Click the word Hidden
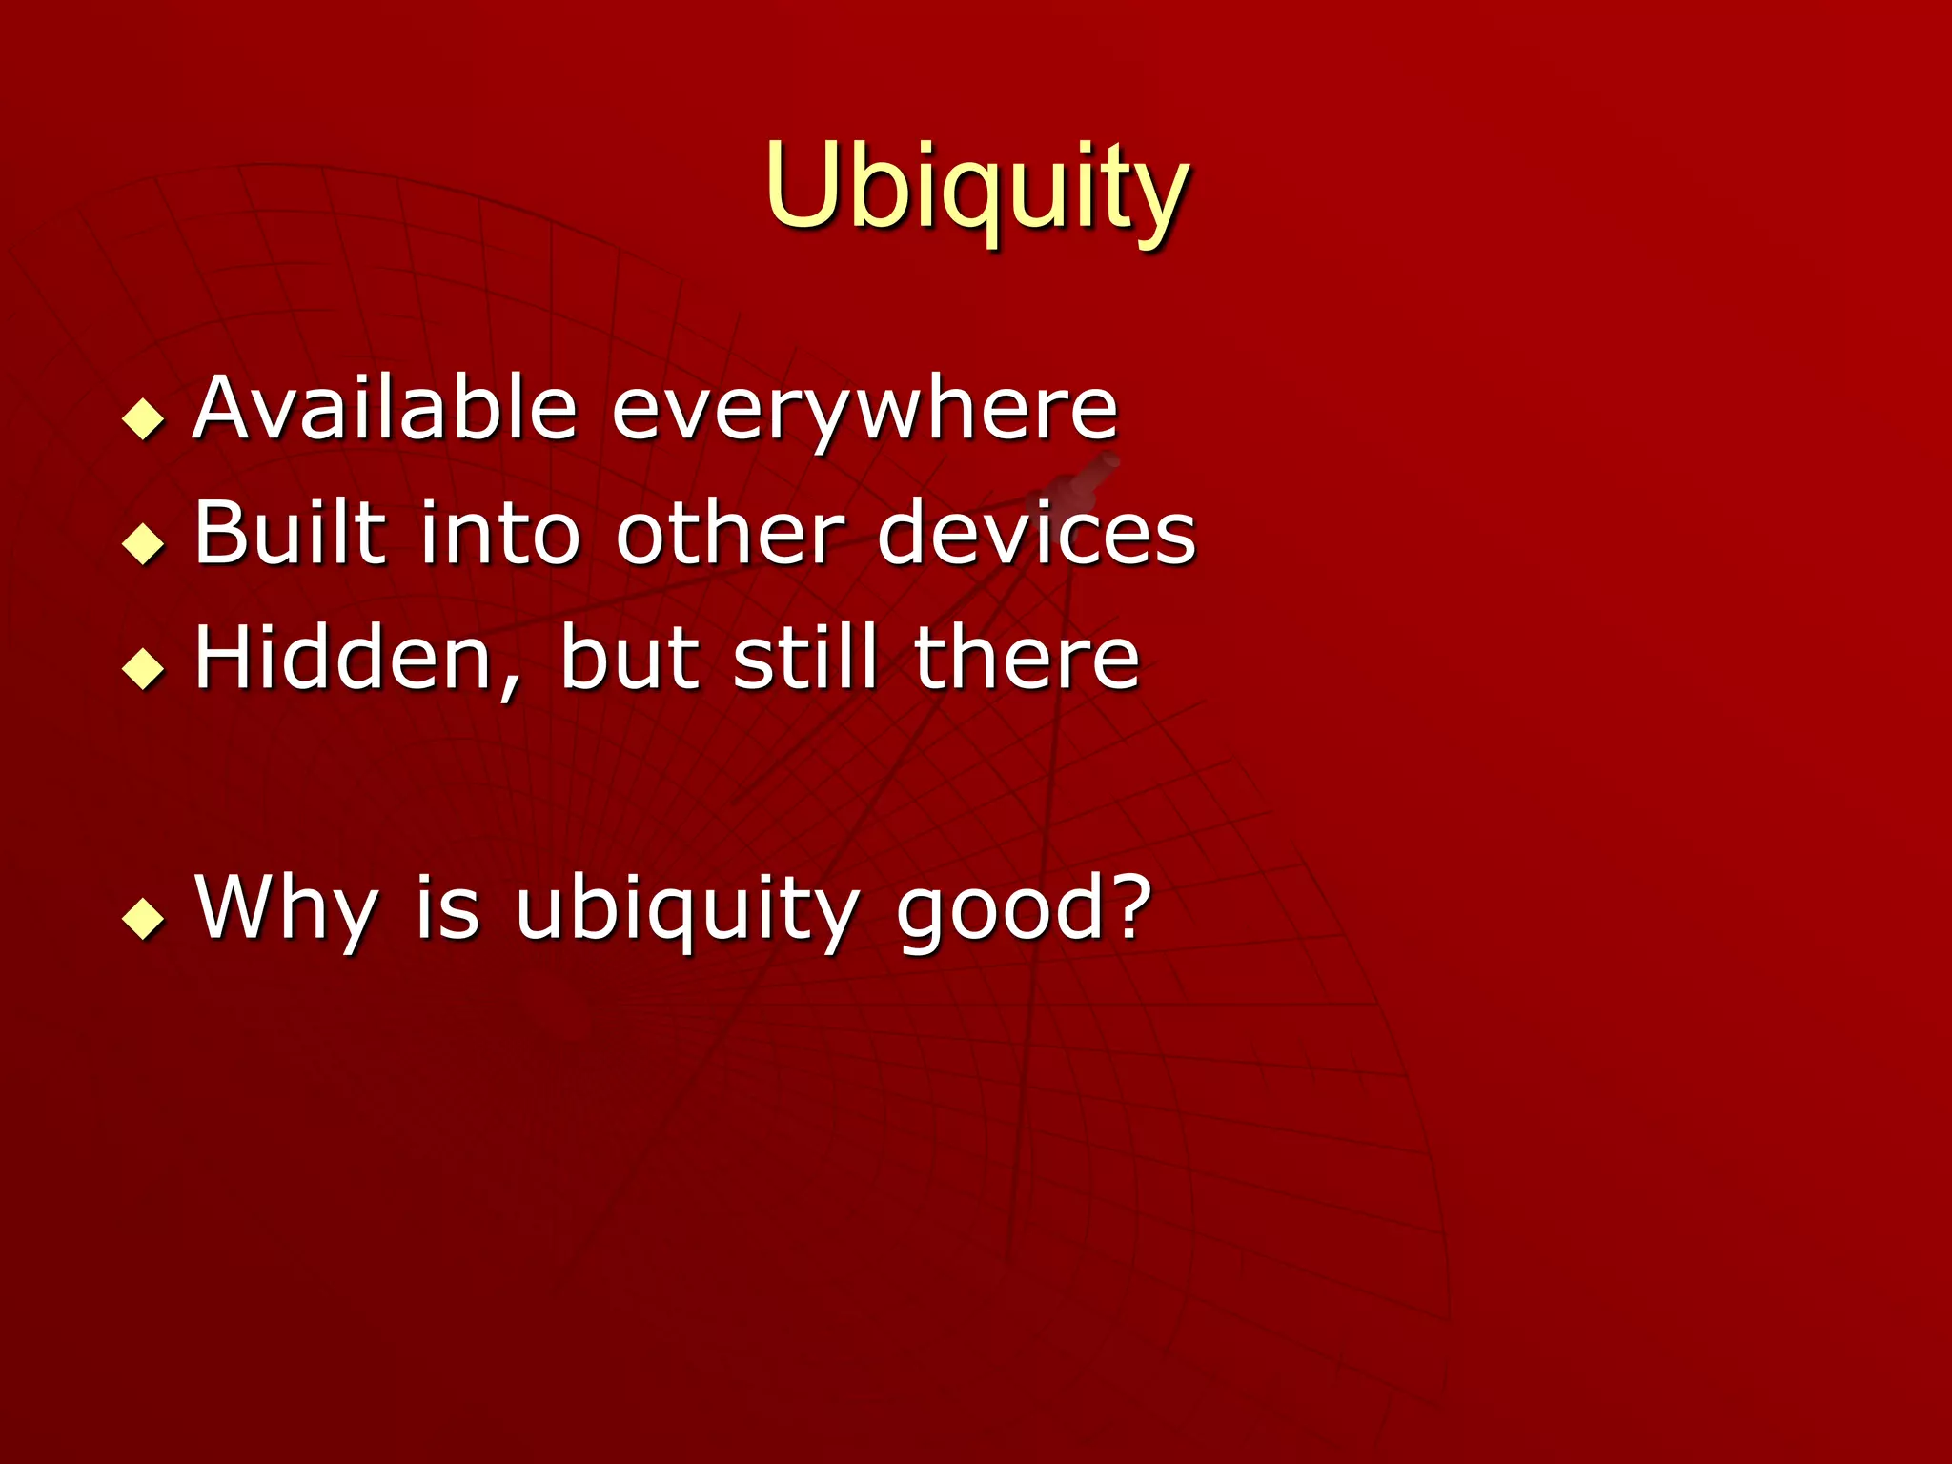coord(343,658)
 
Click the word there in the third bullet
coord(1026,658)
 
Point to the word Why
coord(286,910)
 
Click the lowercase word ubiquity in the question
coord(686,910)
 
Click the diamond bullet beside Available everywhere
coord(144,417)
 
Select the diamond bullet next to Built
coord(144,543)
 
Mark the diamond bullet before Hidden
coord(144,668)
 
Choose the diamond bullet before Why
coord(144,918)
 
